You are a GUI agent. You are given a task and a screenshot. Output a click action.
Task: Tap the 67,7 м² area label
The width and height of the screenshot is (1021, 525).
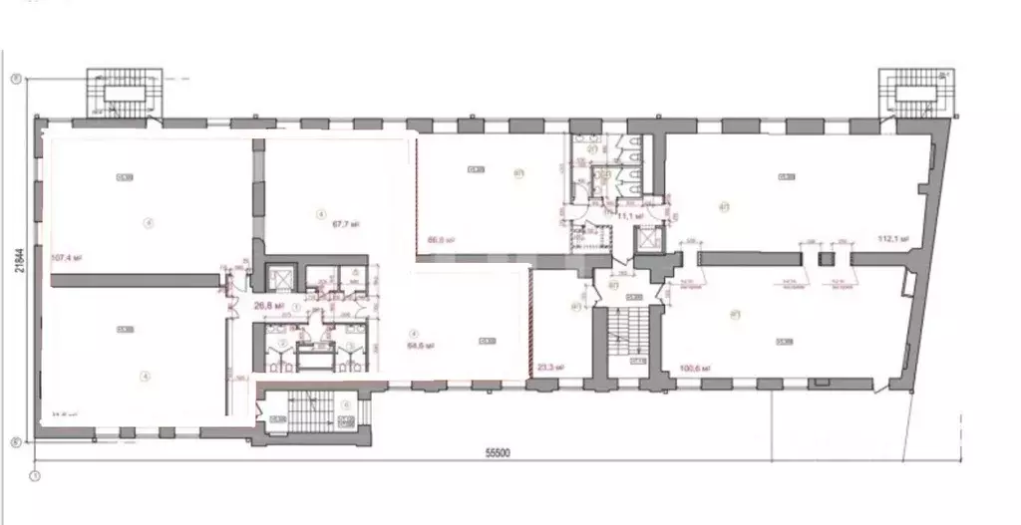coord(344,225)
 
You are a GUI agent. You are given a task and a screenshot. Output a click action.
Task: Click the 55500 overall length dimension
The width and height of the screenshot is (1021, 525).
coord(498,453)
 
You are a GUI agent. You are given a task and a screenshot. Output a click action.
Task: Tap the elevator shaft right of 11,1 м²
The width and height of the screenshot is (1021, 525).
coord(649,240)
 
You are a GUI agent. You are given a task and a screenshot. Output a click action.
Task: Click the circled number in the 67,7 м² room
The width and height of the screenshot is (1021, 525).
coord(321,213)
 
